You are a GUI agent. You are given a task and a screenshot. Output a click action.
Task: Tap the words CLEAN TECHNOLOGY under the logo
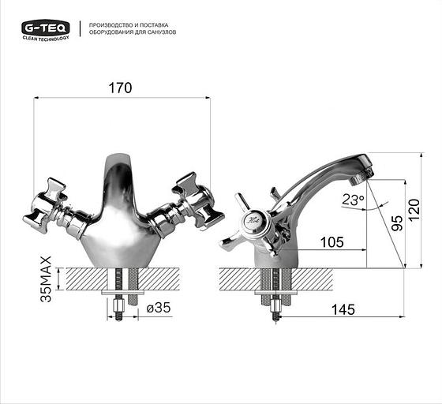point(45,37)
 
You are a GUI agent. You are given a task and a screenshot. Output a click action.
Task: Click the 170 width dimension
point(121,88)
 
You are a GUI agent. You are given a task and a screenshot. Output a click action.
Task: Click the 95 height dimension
point(384,223)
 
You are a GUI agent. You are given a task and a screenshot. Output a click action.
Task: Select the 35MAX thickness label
point(46,279)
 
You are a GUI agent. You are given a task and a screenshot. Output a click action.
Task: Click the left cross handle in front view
point(49,203)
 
